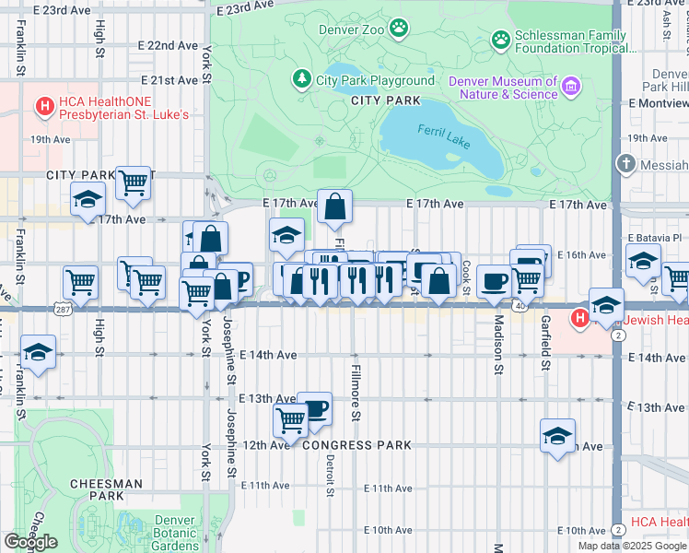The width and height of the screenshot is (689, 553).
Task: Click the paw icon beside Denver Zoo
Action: coord(399,29)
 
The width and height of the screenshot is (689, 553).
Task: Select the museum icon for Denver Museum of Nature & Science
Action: coord(572,88)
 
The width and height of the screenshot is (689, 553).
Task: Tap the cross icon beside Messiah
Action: coord(626,164)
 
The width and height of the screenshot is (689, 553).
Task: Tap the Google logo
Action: coord(30,542)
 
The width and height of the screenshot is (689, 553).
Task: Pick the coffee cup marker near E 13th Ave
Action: coord(314,407)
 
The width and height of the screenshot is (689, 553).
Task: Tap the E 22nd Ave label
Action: coord(168,44)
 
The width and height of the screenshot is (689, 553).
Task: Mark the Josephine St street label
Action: coord(230,369)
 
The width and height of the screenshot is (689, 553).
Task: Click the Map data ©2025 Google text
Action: coord(632,546)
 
